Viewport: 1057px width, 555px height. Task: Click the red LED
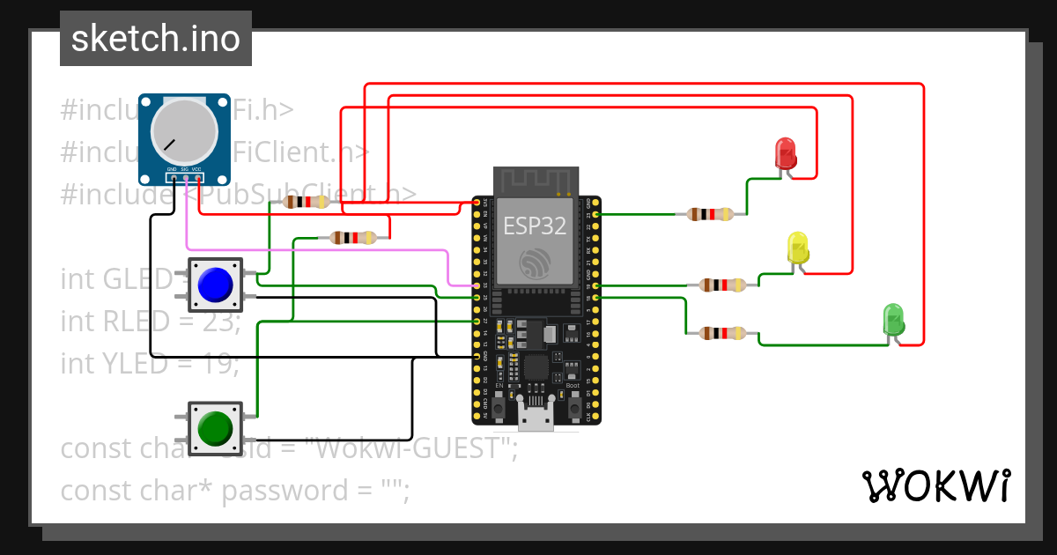coord(785,153)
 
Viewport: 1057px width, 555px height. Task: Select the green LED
coord(893,319)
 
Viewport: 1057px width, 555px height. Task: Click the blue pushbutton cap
coord(215,285)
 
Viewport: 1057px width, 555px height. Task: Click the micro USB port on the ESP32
coord(535,418)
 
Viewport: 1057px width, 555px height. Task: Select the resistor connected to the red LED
coord(709,214)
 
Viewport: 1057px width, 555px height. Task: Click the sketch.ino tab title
coord(156,39)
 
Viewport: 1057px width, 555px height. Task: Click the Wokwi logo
coord(935,485)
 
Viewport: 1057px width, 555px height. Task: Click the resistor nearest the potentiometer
coord(305,202)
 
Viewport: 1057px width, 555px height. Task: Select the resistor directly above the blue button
coord(352,237)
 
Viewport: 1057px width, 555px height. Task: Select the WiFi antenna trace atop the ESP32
coord(535,181)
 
